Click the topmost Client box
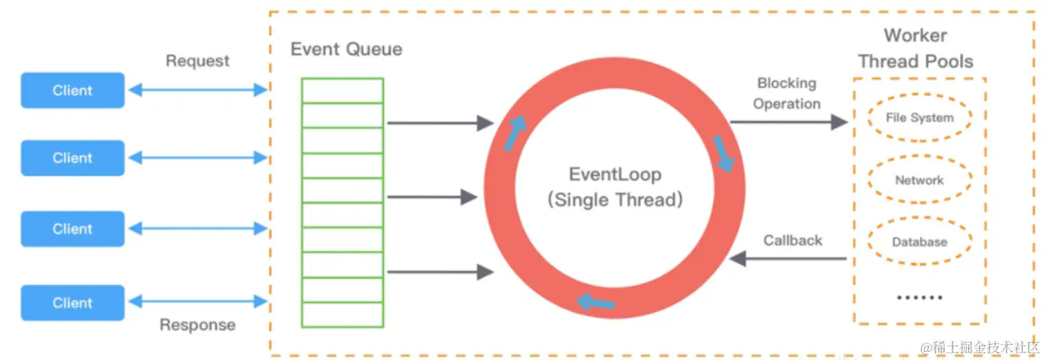[x=72, y=90]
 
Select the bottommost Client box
[x=72, y=303]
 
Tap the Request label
[x=198, y=61]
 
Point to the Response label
[x=198, y=325]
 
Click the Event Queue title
[x=346, y=49]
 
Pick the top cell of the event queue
[x=343, y=91]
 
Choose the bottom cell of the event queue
[x=343, y=315]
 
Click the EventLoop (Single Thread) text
[x=615, y=187]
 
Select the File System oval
[x=920, y=117]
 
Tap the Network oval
[x=920, y=180]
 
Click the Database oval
[x=920, y=241]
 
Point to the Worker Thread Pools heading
[x=915, y=48]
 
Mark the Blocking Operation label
[x=787, y=93]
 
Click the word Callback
[x=793, y=241]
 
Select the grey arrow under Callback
[x=788, y=259]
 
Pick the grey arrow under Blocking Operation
[x=789, y=123]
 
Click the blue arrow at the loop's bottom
[x=596, y=302]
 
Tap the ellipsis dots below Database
[x=920, y=298]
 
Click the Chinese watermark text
[x=980, y=347]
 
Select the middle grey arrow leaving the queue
[x=432, y=197]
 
